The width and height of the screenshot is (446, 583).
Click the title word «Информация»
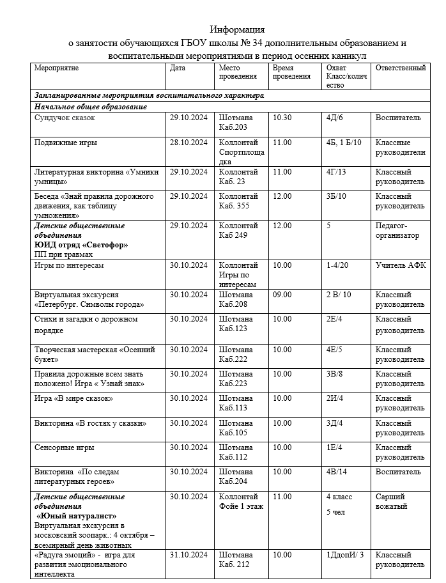click(x=237, y=29)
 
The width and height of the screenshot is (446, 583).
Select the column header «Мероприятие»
click(x=57, y=68)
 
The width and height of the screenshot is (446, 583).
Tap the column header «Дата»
click(x=178, y=68)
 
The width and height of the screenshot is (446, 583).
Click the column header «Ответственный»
click(x=401, y=68)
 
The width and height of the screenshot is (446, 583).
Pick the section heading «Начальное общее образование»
click(x=91, y=107)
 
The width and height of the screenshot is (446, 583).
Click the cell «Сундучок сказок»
click(x=65, y=118)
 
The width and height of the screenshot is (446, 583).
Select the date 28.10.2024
click(x=188, y=143)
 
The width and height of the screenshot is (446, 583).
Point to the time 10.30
click(x=282, y=118)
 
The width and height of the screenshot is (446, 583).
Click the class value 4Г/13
click(x=336, y=172)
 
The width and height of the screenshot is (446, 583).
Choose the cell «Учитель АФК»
click(x=401, y=265)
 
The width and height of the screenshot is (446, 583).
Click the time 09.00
click(x=282, y=295)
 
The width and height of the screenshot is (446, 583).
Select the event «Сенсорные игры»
click(x=65, y=447)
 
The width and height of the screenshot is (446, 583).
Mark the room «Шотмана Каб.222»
click(x=236, y=355)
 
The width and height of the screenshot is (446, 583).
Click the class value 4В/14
click(x=336, y=472)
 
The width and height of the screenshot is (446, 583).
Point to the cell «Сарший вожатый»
click(x=391, y=502)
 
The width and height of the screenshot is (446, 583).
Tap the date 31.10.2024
click(x=188, y=555)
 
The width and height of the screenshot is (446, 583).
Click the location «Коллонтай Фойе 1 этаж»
click(x=241, y=502)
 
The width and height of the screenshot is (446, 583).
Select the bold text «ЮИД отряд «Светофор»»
click(x=81, y=245)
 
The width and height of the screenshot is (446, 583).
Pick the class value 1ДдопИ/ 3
click(x=345, y=555)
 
